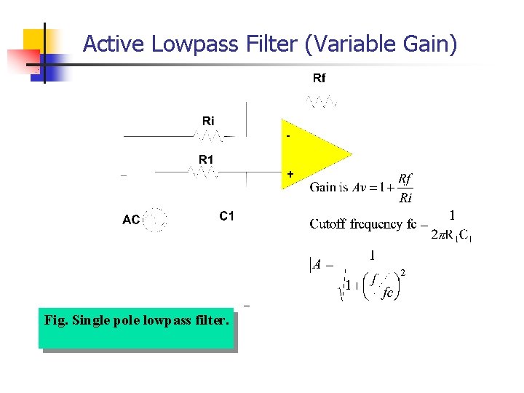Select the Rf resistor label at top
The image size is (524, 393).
pyautogui.click(x=319, y=78)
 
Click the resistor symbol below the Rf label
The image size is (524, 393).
pyautogui.click(x=322, y=102)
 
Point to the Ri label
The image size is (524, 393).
pyautogui.click(x=208, y=120)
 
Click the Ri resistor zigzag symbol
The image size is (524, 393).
pyautogui.click(x=210, y=136)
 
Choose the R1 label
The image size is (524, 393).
pyautogui.click(x=206, y=159)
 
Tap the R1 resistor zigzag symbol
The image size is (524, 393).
pyautogui.click(x=203, y=172)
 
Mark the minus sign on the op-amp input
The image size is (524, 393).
pyautogui.click(x=289, y=136)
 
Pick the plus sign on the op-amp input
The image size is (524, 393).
pyautogui.click(x=290, y=175)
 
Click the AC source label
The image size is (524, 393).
pyautogui.click(x=131, y=219)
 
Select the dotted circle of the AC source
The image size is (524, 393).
pyautogui.click(x=155, y=219)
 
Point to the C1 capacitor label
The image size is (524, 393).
pyautogui.click(x=226, y=216)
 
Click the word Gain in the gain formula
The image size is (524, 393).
pyautogui.click(x=323, y=187)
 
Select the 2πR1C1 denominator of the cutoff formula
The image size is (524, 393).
pyautogui.click(x=452, y=235)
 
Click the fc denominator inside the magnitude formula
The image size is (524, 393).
pyautogui.click(x=388, y=292)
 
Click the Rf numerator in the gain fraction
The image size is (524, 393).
pyautogui.click(x=405, y=179)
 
